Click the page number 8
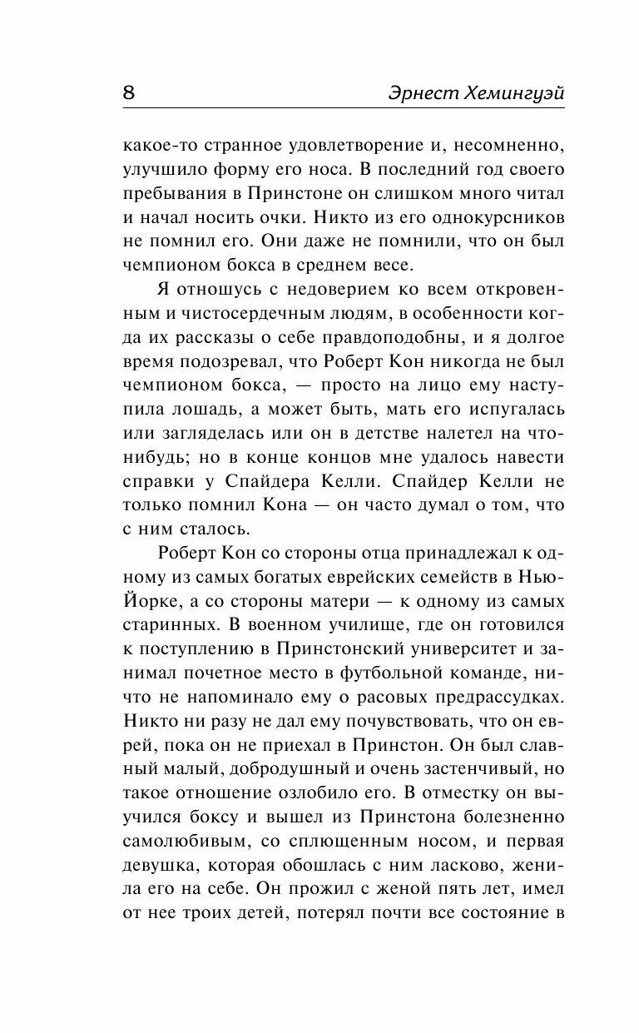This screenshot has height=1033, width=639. coord(130,92)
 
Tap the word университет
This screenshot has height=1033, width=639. coord(471,626)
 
